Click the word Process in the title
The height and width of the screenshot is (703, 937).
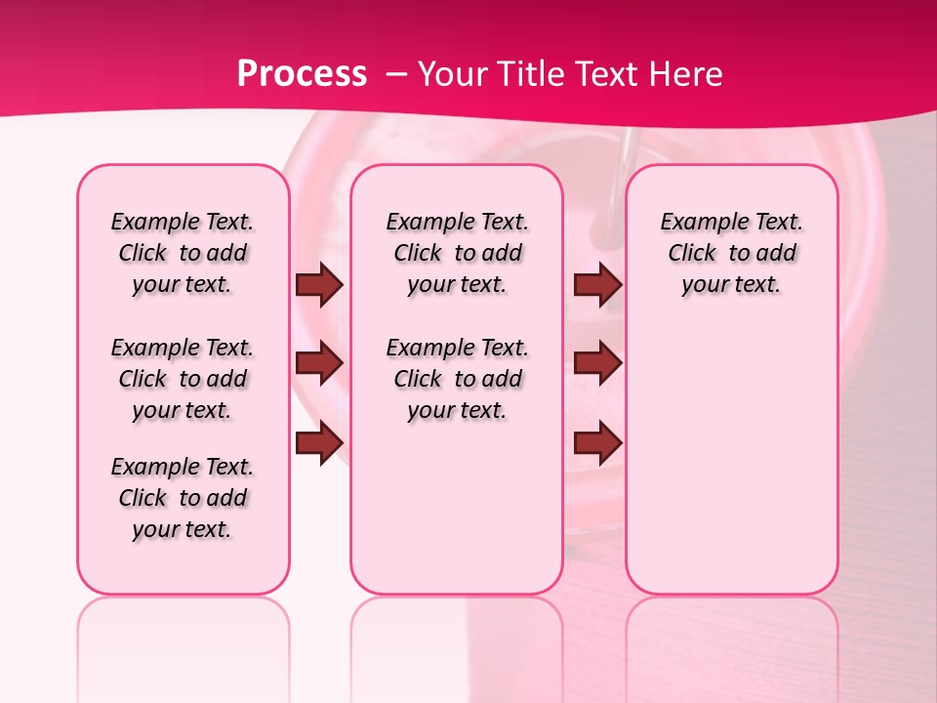(x=302, y=74)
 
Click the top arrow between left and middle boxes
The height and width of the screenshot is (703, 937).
(x=319, y=284)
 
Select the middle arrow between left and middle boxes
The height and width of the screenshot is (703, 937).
(x=319, y=363)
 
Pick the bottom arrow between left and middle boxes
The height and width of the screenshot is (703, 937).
(x=319, y=442)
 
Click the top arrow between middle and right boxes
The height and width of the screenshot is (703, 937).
(x=597, y=284)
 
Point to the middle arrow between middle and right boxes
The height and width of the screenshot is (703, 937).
(x=597, y=363)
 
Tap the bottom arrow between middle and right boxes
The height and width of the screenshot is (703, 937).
(x=597, y=442)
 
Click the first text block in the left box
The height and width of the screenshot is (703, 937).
(x=183, y=253)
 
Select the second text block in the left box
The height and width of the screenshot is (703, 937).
(x=183, y=379)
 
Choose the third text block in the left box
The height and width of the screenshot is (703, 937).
(x=183, y=498)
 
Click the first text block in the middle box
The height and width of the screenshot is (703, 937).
(x=458, y=253)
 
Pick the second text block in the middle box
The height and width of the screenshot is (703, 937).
(x=458, y=379)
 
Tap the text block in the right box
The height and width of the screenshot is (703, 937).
(x=732, y=253)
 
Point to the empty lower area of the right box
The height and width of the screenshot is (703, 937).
(x=732, y=459)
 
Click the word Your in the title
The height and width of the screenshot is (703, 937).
(x=450, y=74)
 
